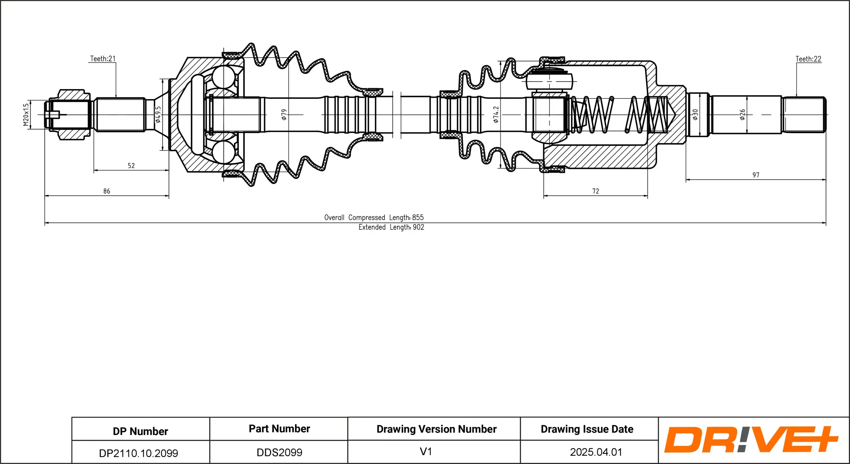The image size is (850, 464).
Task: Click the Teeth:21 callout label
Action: [103, 59]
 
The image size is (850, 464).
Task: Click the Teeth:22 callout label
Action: [808, 59]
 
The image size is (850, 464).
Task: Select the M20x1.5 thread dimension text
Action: [26, 115]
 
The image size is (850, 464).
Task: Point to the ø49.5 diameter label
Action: [158, 114]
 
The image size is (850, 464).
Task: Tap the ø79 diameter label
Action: [284, 114]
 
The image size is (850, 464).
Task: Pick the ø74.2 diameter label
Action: [496, 114]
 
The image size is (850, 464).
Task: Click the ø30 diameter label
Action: [695, 114]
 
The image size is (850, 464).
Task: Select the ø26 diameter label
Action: [742, 114]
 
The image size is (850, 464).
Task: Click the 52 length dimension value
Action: [131, 166]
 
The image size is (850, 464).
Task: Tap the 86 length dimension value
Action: [107, 191]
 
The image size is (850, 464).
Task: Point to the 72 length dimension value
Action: [596, 191]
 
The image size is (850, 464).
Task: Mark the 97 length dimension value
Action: [756, 175]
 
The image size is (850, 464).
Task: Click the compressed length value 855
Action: [418, 218]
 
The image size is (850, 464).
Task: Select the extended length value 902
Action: [419, 227]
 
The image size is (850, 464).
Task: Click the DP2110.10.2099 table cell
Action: [138, 453]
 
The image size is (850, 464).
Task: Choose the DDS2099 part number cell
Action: [279, 452]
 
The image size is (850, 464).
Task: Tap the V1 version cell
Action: [426, 452]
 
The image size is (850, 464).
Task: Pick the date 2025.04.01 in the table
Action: [596, 452]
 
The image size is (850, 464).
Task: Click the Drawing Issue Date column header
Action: [587, 429]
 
